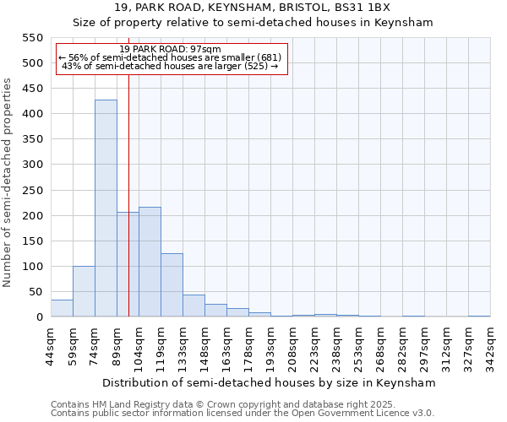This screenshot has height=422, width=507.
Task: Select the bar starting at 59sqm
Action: coord(84,291)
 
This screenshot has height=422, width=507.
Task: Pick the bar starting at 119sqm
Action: coord(172,285)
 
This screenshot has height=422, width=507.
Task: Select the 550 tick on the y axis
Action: coord(31,38)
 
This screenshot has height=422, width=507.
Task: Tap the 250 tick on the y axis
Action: coord(31,191)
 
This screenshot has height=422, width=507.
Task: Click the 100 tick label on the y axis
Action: coord(31,267)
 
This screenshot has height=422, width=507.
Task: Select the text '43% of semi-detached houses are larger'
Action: coord(156,66)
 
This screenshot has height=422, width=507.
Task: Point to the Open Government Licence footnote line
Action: coord(243,413)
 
